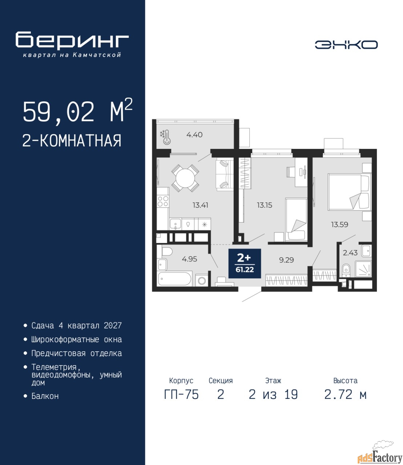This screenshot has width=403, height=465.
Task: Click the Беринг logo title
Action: [x=72, y=40]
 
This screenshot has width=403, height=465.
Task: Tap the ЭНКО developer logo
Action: [x=346, y=45]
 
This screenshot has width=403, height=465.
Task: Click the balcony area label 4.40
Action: [x=194, y=135]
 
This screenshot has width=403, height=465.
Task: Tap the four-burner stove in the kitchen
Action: [x=163, y=201]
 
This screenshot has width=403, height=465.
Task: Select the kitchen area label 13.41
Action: [x=200, y=205]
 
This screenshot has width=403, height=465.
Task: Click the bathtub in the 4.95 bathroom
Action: [x=175, y=279]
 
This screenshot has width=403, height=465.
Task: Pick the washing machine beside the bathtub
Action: [x=201, y=280]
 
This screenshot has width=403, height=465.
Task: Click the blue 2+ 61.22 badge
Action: [x=245, y=263]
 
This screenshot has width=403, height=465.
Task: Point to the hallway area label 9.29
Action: [x=286, y=260]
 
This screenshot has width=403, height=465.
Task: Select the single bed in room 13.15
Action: [x=296, y=220]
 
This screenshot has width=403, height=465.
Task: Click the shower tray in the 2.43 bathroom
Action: [x=363, y=269]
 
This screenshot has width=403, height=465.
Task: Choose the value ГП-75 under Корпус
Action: [x=181, y=395]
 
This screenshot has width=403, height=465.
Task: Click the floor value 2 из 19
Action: [x=273, y=395]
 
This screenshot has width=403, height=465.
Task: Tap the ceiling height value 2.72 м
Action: [x=345, y=395]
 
